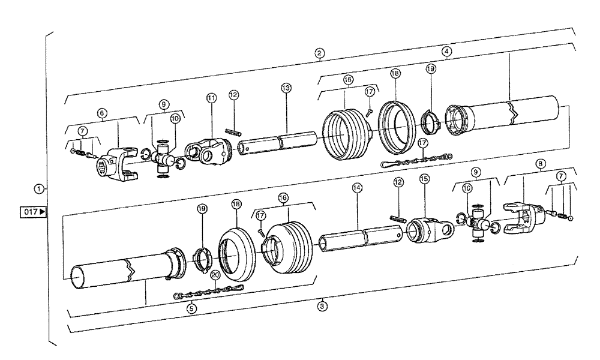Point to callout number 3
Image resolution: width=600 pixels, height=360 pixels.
[322, 304]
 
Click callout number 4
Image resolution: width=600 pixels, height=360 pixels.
[446, 52]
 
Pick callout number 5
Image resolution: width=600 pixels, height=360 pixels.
[191, 308]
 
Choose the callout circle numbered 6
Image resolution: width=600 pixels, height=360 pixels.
[103, 113]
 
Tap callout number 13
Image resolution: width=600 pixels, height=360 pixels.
[286, 88]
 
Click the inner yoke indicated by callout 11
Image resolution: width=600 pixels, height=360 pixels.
[206, 152]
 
